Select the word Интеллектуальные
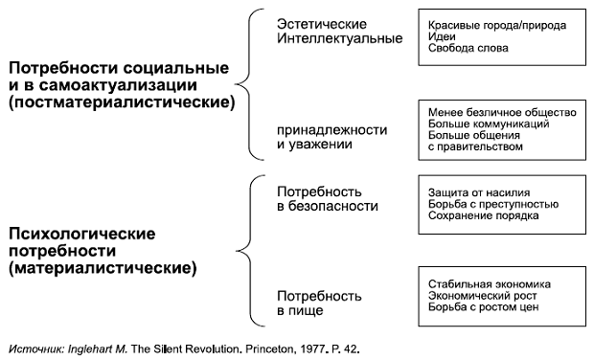pos(326,38)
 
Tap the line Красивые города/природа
pos(496,24)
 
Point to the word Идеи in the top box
pos(441,35)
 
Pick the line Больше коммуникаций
pos(489,124)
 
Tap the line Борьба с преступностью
pos(493,204)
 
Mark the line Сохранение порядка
pos(483,215)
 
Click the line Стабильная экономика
pos(491,284)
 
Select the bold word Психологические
pos(82,235)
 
